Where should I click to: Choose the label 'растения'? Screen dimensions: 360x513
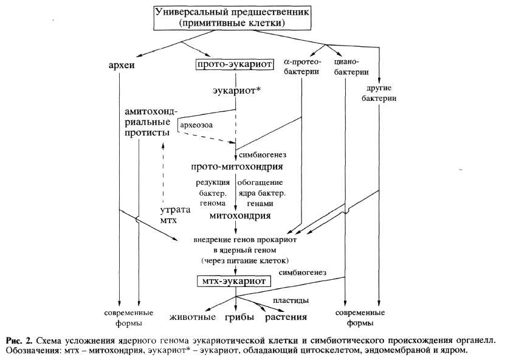pyautogui.click(x=285, y=317)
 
